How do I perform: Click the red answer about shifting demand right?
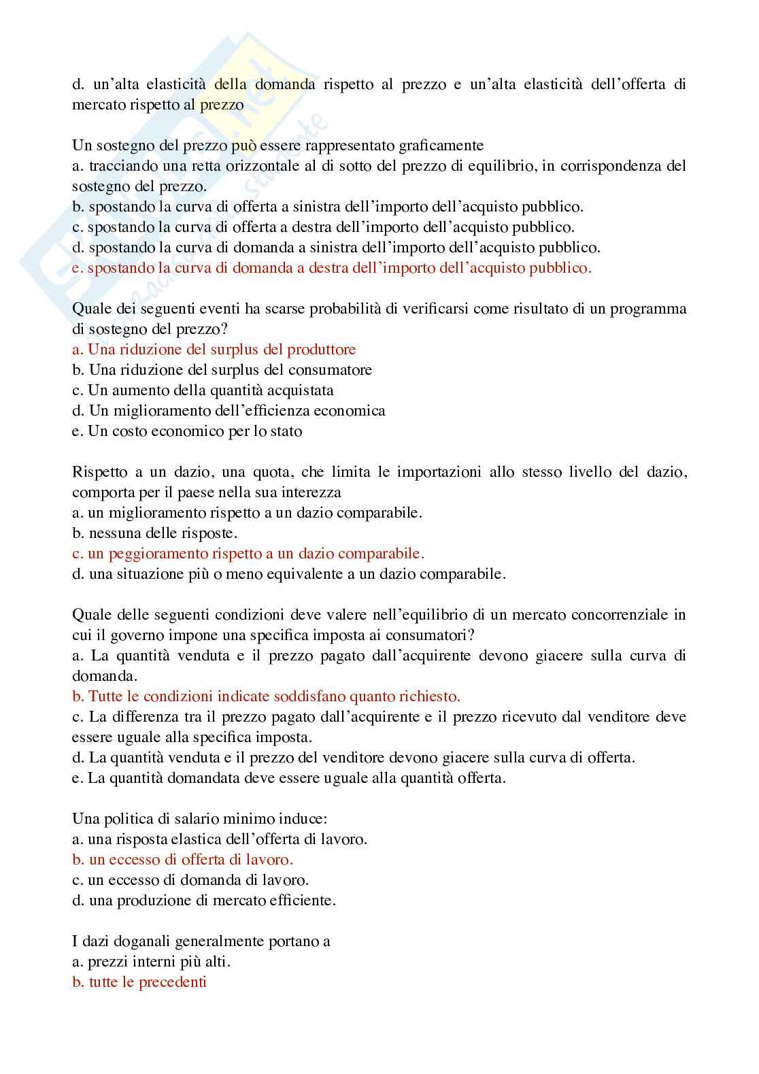[x=332, y=268]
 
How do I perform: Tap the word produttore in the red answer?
[x=321, y=350]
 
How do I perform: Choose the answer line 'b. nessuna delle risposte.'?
[x=154, y=533]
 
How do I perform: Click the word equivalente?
[x=333, y=574]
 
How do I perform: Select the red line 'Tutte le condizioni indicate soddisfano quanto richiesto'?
[x=267, y=697]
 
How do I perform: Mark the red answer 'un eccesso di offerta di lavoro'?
[x=183, y=860]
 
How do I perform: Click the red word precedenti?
[x=173, y=982]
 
